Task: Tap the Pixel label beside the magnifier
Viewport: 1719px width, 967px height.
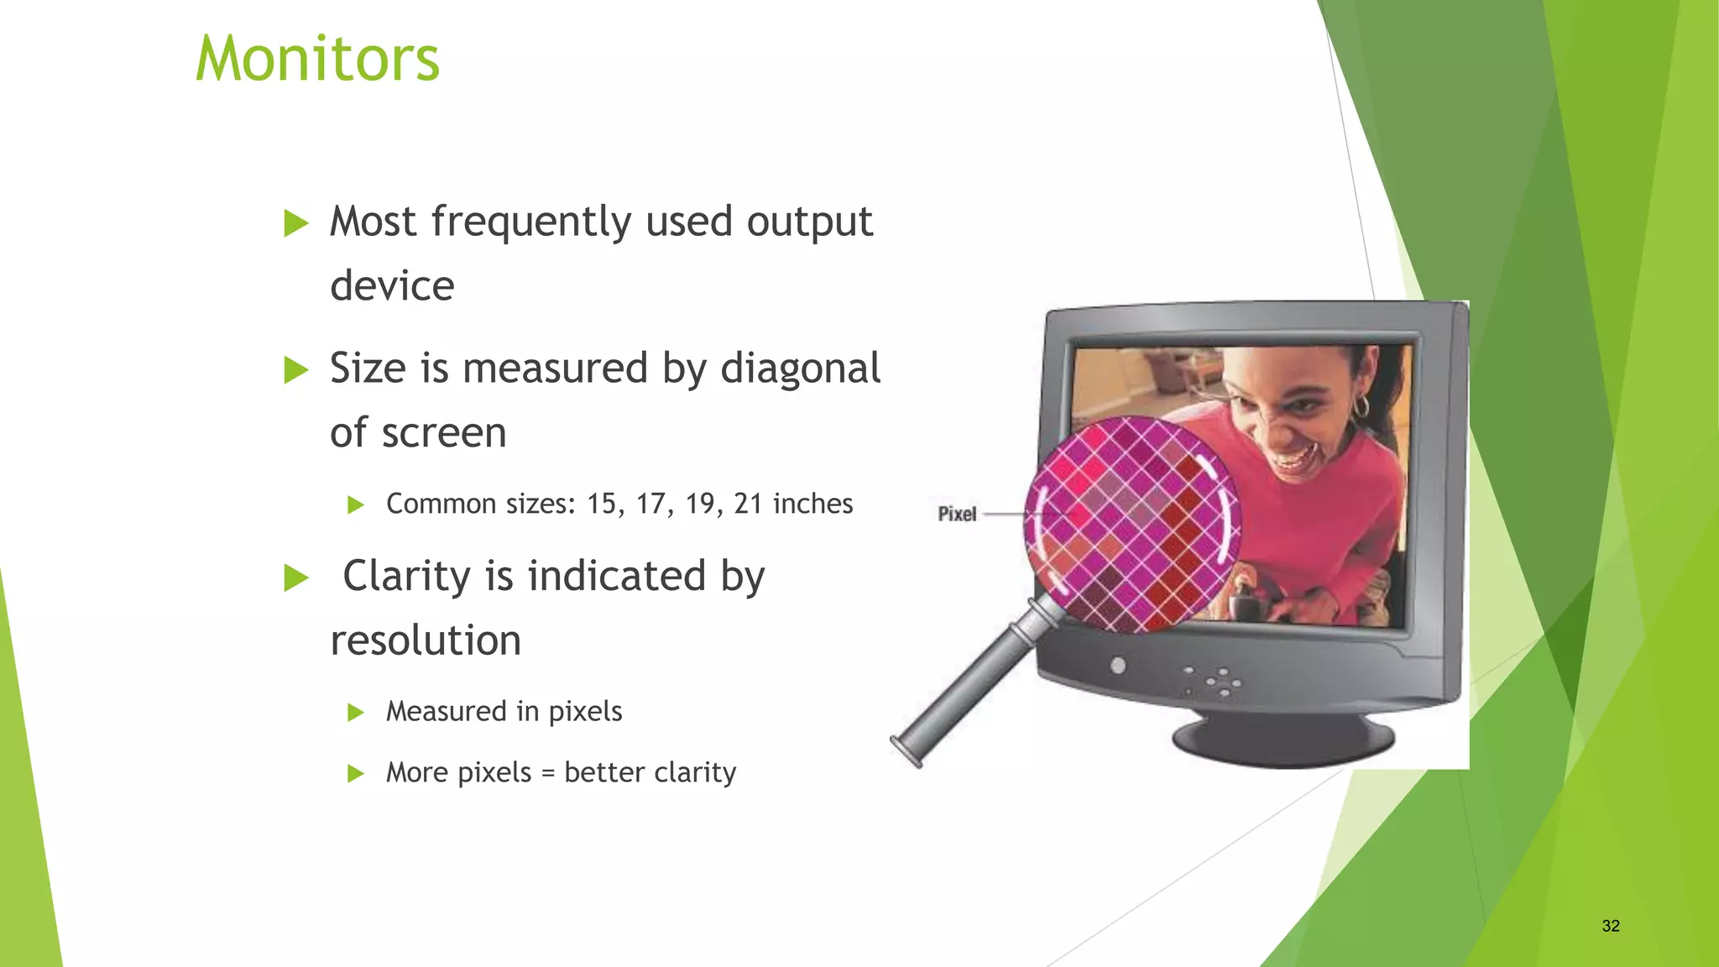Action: pyautogui.click(x=957, y=514)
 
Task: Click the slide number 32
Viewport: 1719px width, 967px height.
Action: pyautogui.click(x=1610, y=926)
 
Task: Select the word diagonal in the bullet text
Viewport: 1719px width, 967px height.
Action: pyautogui.click(x=801, y=369)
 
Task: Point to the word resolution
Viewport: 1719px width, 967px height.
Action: pyautogui.click(x=426, y=640)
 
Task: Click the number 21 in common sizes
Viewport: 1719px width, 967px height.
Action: pyautogui.click(x=748, y=504)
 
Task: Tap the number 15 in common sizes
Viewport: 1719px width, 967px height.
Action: pyautogui.click(x=602, y=504)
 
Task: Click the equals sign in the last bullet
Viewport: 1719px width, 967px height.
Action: pyautogui.click(x=548, y=773)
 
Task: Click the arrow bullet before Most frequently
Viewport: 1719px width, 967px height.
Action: pyautogui.click(x=295, y=223)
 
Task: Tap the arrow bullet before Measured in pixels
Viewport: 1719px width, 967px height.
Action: pyautogui.click(x=355, y=713)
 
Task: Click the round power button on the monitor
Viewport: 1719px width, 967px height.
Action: pyautogui.click(x=1118, y=666)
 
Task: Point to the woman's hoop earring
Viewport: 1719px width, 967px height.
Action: pyautogui.click(x=1361, y=409)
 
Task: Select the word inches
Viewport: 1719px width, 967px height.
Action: pyautogui.click(x=812, y=504)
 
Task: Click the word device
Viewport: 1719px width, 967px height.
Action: pyautogui.click(x=392, y=286)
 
